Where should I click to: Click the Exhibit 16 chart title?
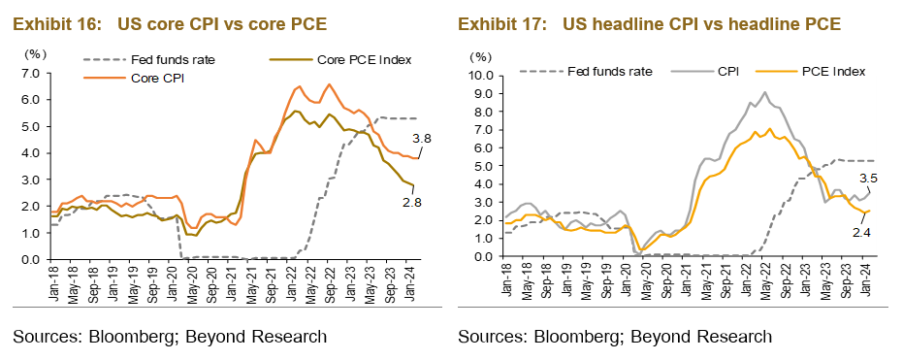169,22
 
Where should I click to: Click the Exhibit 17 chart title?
649,22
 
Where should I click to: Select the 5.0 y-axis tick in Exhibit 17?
485,165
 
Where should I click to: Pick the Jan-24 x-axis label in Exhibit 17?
866,278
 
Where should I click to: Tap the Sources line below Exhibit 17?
615,337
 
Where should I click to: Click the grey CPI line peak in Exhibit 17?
765,92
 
